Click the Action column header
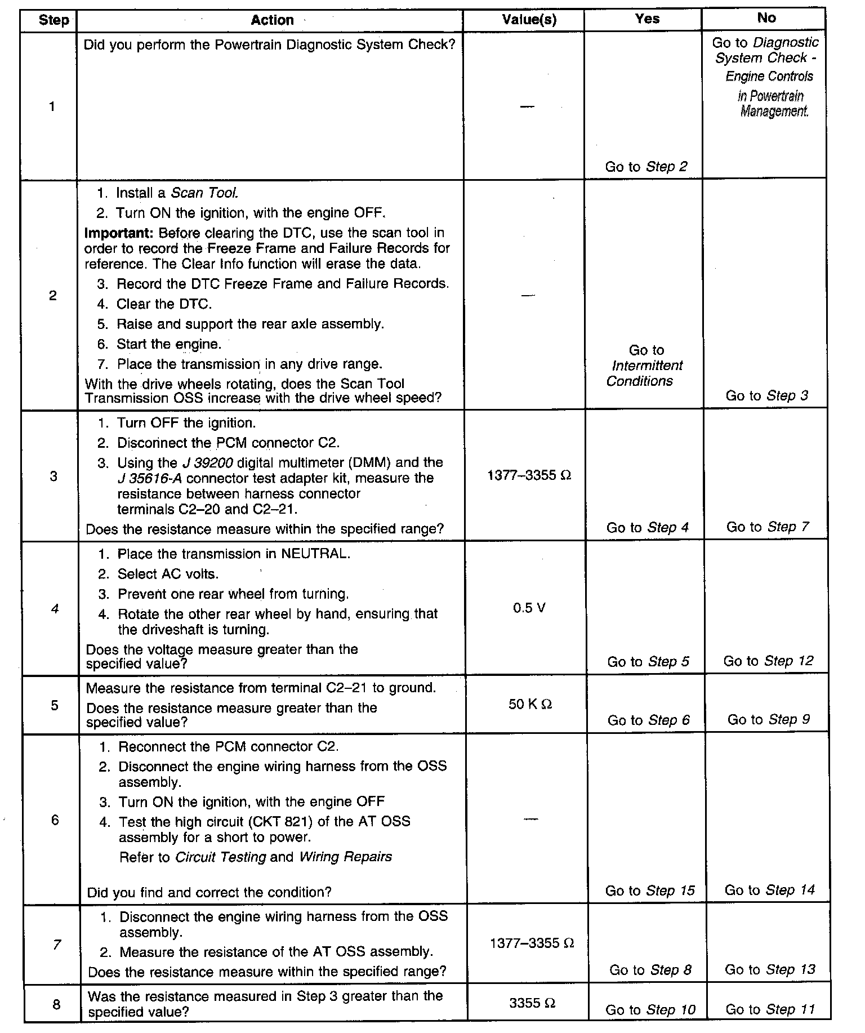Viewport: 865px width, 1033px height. [x=272, y=20]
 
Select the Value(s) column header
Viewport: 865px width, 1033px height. [x=529, y=20]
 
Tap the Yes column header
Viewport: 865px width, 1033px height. [x=646, y=19]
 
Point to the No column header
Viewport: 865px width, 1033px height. [x=766, y=18]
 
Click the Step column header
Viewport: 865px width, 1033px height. [x=53, y=21]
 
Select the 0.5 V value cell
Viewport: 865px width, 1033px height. [x=529, y=608]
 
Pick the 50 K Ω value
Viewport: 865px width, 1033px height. [x=530, y=704]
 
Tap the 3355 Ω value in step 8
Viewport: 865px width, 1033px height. [x=532, y=1003]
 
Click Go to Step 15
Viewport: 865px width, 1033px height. [x=650, y=890]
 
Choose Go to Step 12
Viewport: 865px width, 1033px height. [x=768, y=661]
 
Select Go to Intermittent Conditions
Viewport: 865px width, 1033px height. [x=645, y=366]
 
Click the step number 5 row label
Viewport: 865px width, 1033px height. [x=55, y=705]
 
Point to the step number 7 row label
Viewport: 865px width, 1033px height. [x=56, y=944]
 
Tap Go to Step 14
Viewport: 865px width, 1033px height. [x=769, y=890]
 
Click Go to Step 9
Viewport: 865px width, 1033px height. [x=768, y=719]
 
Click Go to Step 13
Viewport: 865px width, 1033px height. [x=770, y=969]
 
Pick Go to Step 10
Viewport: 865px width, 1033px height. [x=650, y=1010]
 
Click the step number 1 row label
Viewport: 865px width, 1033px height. [x=52, y=106]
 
